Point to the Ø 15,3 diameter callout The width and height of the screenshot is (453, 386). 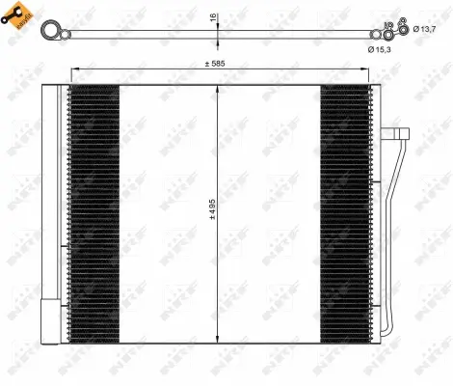379,48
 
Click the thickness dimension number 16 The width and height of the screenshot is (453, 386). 213,17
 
